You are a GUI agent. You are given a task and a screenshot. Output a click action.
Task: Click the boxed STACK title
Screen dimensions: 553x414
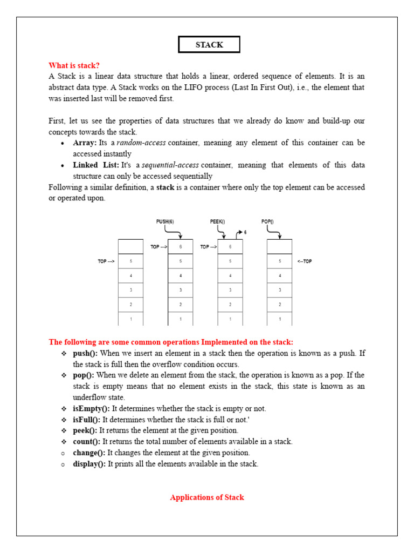[x=209, y=45]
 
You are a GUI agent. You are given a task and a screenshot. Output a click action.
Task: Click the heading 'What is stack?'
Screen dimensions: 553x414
[x=74, y=65]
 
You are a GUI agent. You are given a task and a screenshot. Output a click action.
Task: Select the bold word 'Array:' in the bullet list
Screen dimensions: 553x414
[x=85, y=143]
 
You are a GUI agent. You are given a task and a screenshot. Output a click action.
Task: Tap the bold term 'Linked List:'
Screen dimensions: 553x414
[x=96, y=165]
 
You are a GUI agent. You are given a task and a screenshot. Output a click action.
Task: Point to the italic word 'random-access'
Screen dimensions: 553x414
[x=141, y=143]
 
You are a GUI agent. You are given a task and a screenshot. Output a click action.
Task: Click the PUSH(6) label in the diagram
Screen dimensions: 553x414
[x=165, y=221]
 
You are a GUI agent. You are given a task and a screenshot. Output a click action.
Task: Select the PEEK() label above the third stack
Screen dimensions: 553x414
[x=217, y=221]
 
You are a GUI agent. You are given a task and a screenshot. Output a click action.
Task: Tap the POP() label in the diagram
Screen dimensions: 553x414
[x=267, y=221]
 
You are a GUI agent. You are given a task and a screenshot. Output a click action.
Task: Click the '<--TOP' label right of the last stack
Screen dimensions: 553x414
[x=304, y=261]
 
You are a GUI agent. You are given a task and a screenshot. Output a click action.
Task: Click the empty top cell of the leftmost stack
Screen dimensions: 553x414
[x=130, y=247]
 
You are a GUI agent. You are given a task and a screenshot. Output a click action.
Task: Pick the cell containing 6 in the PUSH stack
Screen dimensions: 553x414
[x=181, y=247]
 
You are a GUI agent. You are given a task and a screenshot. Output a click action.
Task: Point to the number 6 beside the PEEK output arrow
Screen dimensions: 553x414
[x=245, y=232]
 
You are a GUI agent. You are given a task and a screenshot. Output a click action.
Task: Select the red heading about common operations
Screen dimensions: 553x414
[x=171, y=342]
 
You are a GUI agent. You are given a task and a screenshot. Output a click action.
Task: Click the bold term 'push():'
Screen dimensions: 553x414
[x=85, y=353]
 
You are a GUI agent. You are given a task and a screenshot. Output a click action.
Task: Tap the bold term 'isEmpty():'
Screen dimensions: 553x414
[x=91, y=408]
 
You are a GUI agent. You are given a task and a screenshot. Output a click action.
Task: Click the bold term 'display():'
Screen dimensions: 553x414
[x=89, y=463]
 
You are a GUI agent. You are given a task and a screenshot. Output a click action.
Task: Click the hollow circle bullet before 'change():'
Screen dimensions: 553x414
[x=63, y=453]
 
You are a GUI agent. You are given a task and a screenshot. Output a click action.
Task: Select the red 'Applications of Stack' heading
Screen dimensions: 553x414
[x=207, y=497]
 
